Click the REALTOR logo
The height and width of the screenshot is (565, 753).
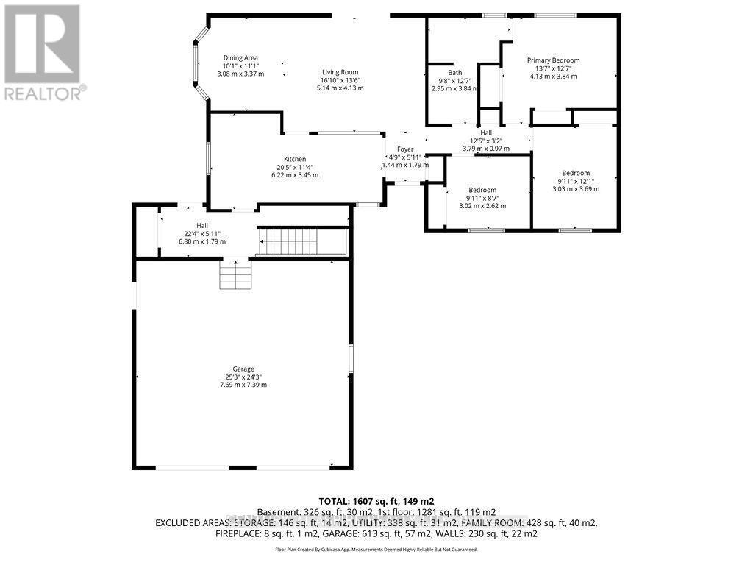click(42, 52)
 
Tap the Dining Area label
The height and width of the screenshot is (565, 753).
click(240, 58)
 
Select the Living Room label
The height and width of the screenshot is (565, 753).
click(340, 72)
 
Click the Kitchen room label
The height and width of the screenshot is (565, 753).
click(295, 159)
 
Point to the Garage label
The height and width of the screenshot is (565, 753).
click(243, 369)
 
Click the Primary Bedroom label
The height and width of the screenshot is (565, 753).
click(553, 60)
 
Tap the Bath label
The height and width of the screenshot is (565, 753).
click(455, 72)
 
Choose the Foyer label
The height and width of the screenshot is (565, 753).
click(405, 149)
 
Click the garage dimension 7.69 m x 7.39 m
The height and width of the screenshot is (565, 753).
click(243, 385)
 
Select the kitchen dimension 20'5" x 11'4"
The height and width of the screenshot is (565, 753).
click(295, 167)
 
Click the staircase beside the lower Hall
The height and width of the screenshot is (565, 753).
click(302, 241)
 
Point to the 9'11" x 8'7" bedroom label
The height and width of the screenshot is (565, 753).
click(482, 190)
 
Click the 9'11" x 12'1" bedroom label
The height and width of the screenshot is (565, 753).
click(576, 173)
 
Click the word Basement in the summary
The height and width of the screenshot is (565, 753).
click(281, 511)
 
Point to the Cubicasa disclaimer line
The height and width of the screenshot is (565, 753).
click(376, 550)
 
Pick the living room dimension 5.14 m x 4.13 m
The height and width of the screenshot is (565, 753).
click(340, 88)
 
